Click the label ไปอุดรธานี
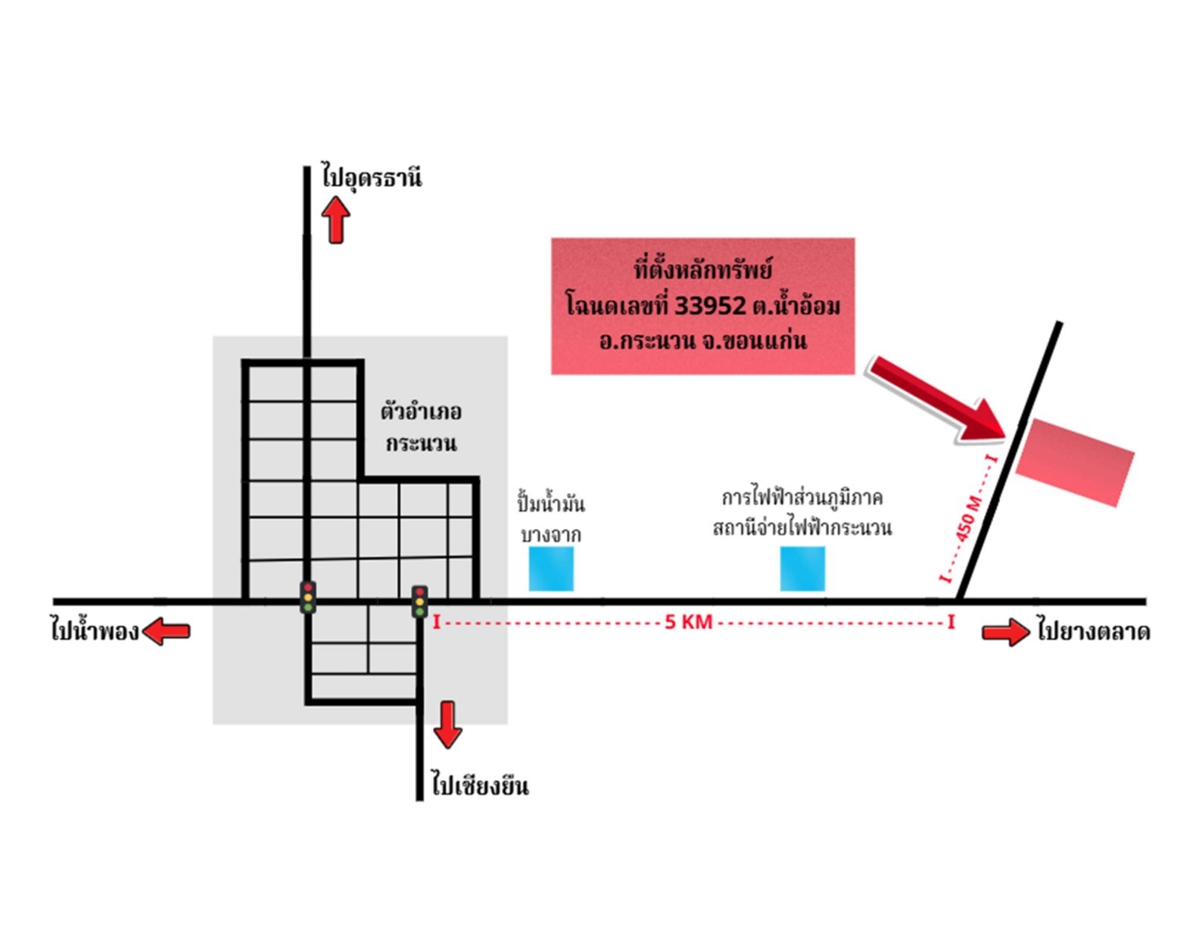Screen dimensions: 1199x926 click(x=372, y=177)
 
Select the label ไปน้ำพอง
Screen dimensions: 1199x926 click(x=95, y=630)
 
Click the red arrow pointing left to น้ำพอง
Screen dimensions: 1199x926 click(x=166, y=630)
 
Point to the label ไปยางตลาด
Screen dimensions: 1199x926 click(x=1094, y=631)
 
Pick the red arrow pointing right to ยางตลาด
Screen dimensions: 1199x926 click(x=1005, y=632)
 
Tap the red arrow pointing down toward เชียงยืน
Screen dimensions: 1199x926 click(x=447, y=725)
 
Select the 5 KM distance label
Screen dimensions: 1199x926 click(x=688, y=622)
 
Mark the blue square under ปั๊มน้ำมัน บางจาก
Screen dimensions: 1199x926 click(x=551, y=569)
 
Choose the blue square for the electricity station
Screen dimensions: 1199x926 click(x=802, y=569)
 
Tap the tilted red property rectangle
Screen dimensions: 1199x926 click(x=1075, y=462)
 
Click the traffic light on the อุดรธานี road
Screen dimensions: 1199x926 click(x=308, y=597)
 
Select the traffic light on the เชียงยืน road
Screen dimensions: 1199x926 click(x=420, y=601)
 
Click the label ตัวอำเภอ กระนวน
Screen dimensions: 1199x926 click(x=421, y=427)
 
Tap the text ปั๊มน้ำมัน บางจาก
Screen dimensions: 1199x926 click(x=551, y=518)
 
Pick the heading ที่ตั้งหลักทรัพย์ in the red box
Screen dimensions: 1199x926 click(x=702, y=270)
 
